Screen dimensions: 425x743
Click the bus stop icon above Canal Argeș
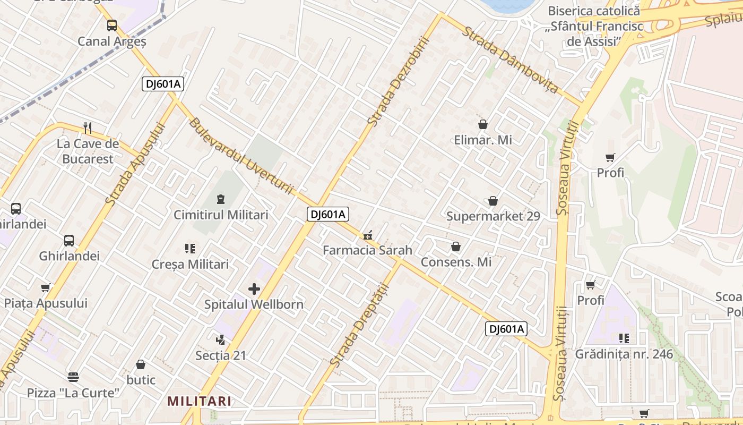pyautogui.click(x=111, y=25)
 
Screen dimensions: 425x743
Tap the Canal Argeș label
pyautogui.click(x=111, y=41)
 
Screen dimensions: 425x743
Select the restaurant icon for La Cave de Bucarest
pyautogui.click(x=88, y=128)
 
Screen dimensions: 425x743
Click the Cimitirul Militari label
pyautogui.click(x=221, y=215)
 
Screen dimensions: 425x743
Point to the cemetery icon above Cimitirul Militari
pyautogui.click(x=221, y=199)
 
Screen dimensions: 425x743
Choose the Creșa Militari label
pyautogui.click(x=190, y=264)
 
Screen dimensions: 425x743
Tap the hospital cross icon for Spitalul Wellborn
pyautogui.click(x=254, y=289)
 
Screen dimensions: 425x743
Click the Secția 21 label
pyautogui.click(x=221, y=355)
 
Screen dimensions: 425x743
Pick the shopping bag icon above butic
pyautogui.click(x=141, y=364)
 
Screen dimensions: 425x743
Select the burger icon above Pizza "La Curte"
pyautogui.click(x=73, y=377)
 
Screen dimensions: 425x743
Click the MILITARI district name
pyautogui.click(x=200, y=401)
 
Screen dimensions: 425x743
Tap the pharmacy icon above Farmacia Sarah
pyautogui.click(x=367, y=235)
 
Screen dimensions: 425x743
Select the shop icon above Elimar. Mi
pyautogui.click(x=483, y=124)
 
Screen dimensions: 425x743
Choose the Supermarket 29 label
pyautogui.click(x=493, y=216)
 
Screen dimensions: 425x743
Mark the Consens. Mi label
pyautogui.click(x=456, y=262)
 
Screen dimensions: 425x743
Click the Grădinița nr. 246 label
pyautogui.click(x=624, y=354)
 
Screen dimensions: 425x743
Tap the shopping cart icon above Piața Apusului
pyautogui.click(x=45, y=287)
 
